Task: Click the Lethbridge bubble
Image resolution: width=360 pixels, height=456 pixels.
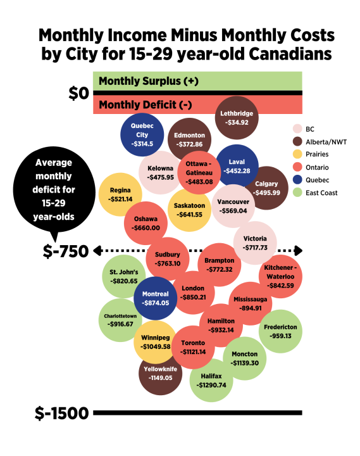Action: tap(237, 118)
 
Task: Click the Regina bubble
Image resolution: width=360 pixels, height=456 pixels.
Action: tap(120, 194)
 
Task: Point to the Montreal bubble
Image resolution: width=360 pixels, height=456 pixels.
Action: tap(155, 298)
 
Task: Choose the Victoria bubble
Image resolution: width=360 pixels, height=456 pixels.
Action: tap(255, 243)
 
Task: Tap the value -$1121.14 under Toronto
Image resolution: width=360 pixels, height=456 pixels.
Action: tap(194, 351)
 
